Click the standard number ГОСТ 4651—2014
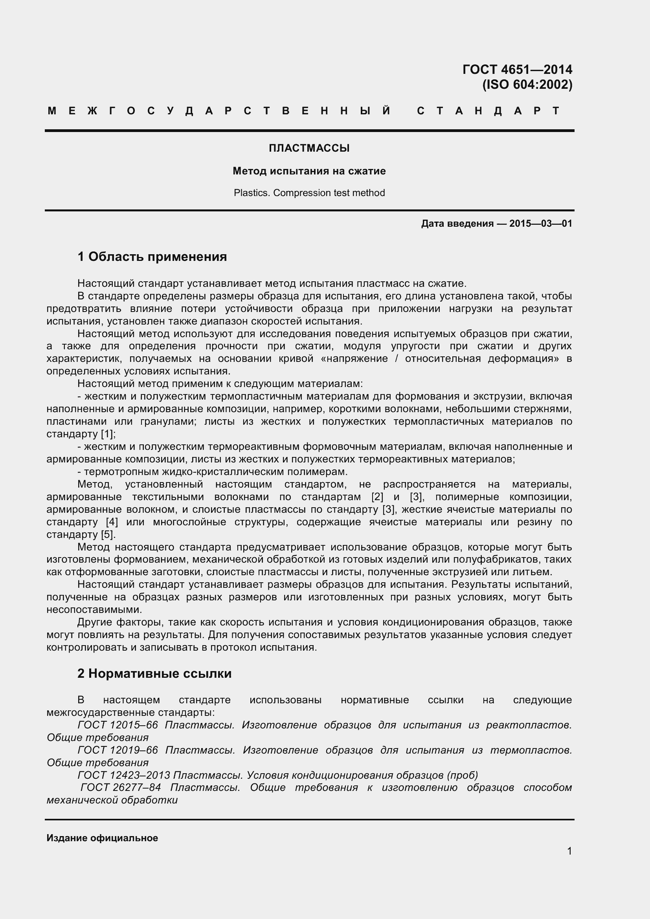click(517, 70)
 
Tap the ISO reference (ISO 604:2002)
click(527, 85)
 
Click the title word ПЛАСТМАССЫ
click(309, 148)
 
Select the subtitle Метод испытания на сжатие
click(309, 171)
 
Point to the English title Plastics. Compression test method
click(309, 193)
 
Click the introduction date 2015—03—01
click(540, 223)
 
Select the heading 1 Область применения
click(152, 257)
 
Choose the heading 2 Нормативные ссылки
click(154, 673)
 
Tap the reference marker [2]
click(377, 497)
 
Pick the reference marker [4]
click(112, 522)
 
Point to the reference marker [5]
click(108, 534)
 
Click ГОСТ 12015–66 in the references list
click(118, 725)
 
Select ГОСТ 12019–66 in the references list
click(118, 750)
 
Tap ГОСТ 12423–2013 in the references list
click(124, 775)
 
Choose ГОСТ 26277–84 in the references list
click(121, 787)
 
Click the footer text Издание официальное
click(102, 838)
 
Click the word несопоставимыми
click(94, 610)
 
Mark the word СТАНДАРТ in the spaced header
click(488, 111)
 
